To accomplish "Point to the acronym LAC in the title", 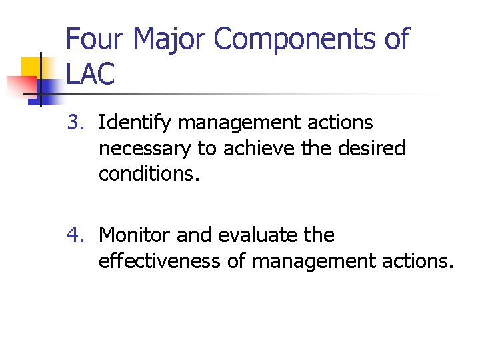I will click(91, 73).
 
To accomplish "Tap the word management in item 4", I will click(315, 261).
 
